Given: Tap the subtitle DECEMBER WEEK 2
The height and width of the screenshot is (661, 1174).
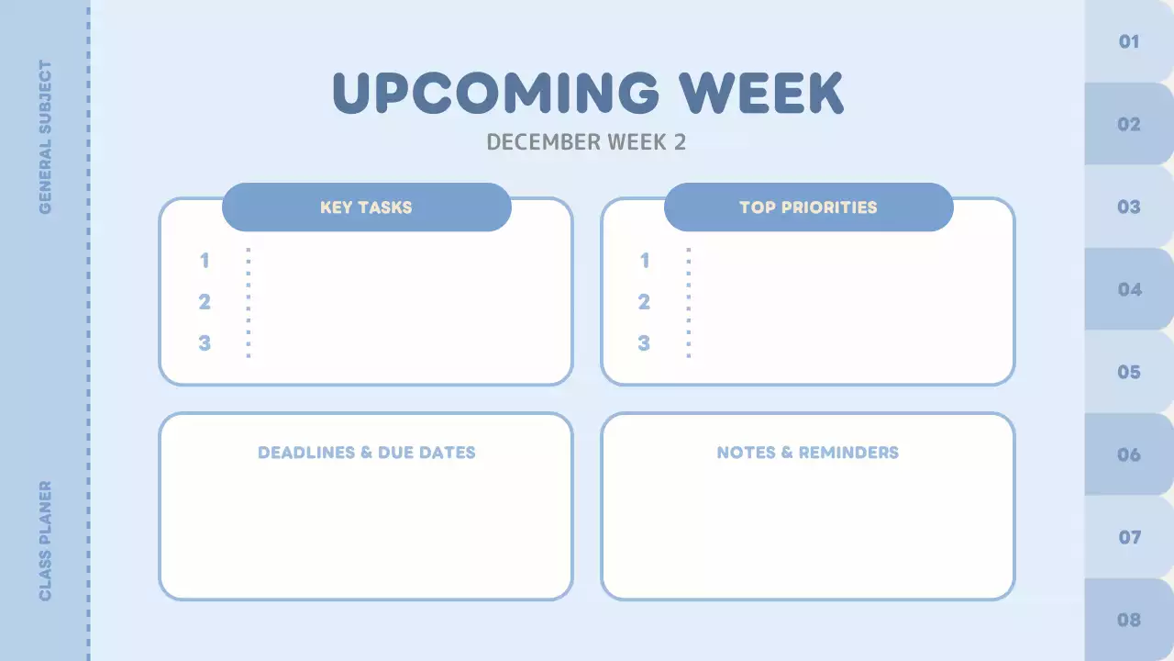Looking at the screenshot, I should (586, 142).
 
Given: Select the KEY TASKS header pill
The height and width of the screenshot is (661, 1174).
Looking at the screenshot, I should (366, 207).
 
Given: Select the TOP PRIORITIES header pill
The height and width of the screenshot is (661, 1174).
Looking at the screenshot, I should (808, 207).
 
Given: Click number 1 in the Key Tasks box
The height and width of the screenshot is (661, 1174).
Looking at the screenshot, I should (205, 261).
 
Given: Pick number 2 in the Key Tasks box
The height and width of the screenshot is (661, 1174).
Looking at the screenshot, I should (205, 302).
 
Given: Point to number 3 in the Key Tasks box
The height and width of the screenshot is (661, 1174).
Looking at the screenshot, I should (205, 343).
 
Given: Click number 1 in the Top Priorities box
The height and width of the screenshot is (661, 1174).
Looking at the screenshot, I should (644, 261).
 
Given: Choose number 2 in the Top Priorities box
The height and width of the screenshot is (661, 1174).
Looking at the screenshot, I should (644, 302).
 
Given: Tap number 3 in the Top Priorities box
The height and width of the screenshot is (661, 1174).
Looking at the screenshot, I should (644, 343).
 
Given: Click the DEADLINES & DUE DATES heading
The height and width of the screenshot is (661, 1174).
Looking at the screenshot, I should (366, 453).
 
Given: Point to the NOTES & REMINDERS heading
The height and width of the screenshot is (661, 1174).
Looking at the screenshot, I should (807, 453).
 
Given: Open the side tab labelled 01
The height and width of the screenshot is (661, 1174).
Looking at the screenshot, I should (1129, 42).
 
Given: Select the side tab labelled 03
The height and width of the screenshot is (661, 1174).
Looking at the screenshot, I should (1129, 207).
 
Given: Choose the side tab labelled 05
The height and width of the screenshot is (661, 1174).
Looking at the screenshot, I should (1129, 373).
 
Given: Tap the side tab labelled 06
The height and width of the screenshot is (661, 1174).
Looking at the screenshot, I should (1129, 455).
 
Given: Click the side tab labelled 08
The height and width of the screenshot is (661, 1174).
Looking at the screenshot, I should (1129, 621).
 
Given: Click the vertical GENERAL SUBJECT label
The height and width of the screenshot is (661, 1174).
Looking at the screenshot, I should (45, 138).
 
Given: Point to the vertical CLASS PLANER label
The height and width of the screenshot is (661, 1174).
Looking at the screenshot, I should (45, 542).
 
